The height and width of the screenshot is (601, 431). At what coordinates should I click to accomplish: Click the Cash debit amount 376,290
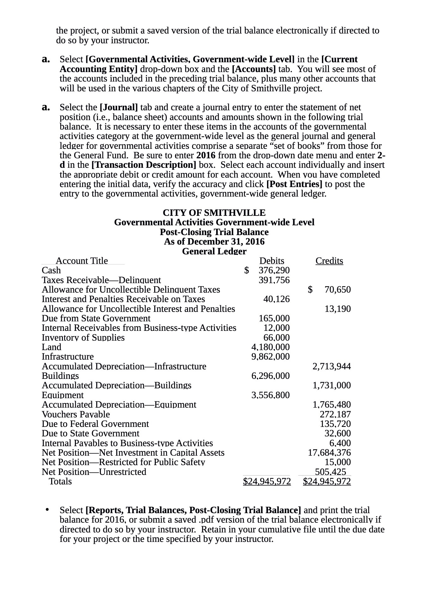coord(274,270)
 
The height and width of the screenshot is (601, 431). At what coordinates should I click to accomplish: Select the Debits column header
coord(271,261)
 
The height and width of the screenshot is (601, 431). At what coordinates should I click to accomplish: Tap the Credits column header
coord(329,261)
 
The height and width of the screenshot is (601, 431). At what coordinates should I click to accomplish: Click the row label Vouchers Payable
coord(76,414)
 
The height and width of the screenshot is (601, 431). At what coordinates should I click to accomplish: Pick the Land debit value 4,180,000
coord(270,347)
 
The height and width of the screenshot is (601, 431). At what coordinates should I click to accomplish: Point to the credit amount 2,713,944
coord(331,366)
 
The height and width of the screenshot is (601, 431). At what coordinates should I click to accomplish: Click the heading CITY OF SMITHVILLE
coord(214,213)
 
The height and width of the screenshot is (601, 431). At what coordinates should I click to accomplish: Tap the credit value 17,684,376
coord(329,452)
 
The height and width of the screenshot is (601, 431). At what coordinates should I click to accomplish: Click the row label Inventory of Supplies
coord(83,337)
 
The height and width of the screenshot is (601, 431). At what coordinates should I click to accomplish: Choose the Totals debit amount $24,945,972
coord(267,481)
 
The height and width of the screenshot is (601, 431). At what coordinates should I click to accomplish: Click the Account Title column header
coord(82,261)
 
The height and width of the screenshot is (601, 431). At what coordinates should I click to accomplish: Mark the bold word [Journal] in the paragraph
coord(118,107)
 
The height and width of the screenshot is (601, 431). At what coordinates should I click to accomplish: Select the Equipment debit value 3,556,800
coord(270,395)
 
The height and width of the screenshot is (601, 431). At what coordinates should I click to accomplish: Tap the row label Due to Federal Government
coord(95,424)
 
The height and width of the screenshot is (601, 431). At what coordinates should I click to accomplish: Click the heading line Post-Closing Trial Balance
coord(214,232)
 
